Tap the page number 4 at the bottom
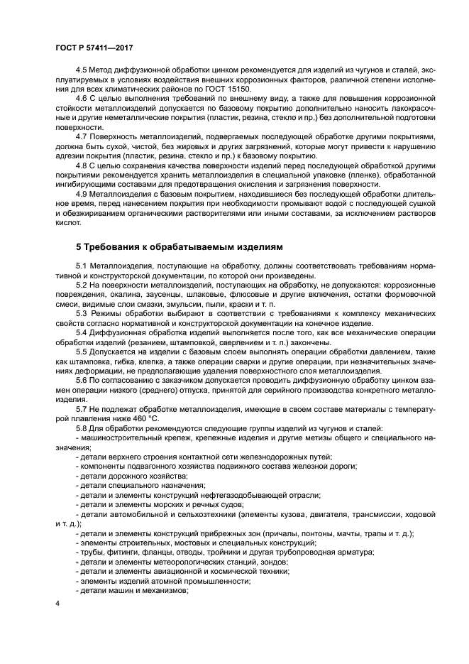[58, 603]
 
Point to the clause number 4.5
[82, 72]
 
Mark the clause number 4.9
[82, 192]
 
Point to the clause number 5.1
[82, 266]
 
